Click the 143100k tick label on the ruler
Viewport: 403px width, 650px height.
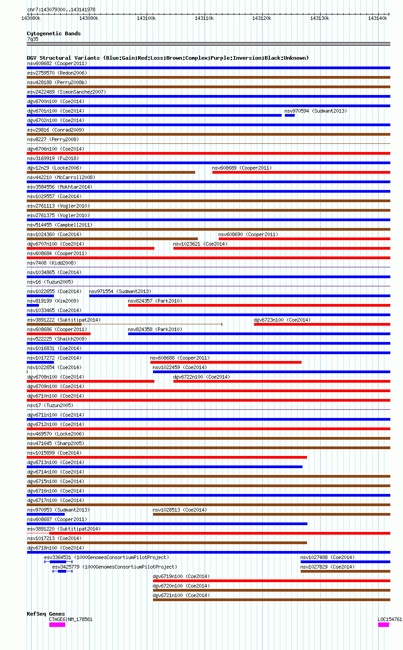[146, 18]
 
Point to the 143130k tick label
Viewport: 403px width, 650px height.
[320, 18]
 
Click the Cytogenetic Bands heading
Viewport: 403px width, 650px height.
[53, 33]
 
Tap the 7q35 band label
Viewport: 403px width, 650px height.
[33, 39]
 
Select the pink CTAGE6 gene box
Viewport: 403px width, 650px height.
[57, 625]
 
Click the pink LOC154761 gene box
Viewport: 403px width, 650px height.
[384, 625]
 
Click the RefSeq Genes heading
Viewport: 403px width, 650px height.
[46, 614]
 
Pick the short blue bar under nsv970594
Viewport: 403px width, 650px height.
[290, 115]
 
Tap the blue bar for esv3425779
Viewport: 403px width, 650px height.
[62, 571]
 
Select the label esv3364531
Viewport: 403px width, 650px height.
[58, 557]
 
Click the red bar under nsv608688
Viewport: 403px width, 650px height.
[226, 362]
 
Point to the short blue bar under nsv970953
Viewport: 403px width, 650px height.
[46, 514]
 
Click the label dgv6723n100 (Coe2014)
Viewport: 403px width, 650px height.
[282, 320]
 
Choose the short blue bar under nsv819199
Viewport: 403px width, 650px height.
[33, 305]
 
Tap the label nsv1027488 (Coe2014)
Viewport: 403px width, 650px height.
[327, 557]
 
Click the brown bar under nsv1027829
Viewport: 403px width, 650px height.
[345, 571]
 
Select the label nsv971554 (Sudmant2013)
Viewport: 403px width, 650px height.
[120, 291]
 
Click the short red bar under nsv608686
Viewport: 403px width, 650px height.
[59, 334]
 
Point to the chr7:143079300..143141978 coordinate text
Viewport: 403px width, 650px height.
[61, 9]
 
